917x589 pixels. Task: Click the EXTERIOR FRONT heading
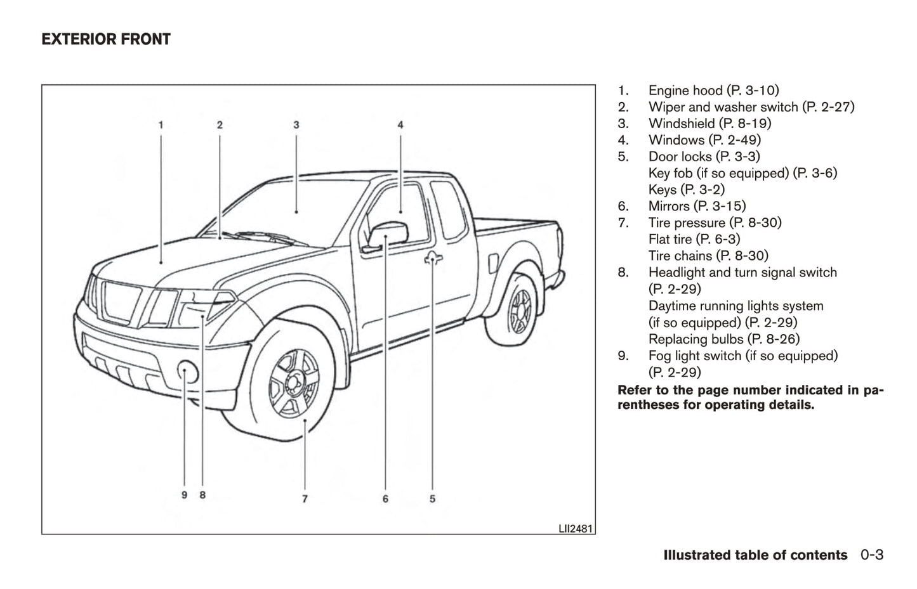tap(106, 39)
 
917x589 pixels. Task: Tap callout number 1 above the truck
tap(161, 125)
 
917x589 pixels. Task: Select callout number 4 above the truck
tap(400, 125)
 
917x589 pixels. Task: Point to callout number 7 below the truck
tap(305, 499)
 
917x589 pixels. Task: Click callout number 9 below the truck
tap(185, 495)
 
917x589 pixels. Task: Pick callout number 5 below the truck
tap(432, 499)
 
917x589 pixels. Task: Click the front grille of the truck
tap(122, 302)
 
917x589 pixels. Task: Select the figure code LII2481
tap(576, 528)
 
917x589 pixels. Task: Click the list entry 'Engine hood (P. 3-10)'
tap(713, 91)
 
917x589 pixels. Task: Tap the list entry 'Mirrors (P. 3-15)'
tap(697, 206)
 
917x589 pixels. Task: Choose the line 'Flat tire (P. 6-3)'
tap(694, 239)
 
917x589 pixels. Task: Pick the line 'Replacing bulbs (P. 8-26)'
tap(723, 339)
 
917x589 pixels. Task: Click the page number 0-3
tap(872, 555)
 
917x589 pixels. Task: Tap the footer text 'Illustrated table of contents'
tap(755, 555)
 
